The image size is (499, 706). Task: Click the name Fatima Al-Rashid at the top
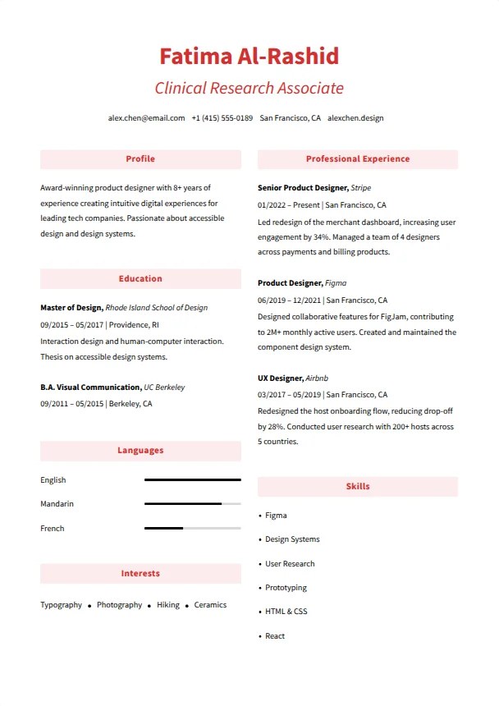click(249, 57)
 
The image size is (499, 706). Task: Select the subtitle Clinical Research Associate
click(249, 88)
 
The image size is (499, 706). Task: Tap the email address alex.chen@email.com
click(146, 118)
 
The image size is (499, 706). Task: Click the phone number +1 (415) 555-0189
click(222, 118)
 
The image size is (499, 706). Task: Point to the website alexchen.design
click(355, 118)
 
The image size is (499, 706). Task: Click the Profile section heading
click(140, 159)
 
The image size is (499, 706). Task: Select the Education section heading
click(140, 279)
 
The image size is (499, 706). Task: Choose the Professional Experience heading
click(357, 159)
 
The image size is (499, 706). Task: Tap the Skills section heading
click(357, 487)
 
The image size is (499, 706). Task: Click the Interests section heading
click(140, 574)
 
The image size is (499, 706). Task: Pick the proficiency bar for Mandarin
click(192, 503)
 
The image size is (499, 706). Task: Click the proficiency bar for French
click(192, 528)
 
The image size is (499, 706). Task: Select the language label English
click(53, 480)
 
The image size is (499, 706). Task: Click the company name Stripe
click(361, 188)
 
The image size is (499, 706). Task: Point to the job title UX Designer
click(280, 378)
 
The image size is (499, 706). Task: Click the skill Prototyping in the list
click(286, 588)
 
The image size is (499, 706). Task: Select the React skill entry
click(275, 636)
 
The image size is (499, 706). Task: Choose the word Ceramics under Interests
click(210, 605)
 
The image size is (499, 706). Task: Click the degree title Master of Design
click(71, 308)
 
